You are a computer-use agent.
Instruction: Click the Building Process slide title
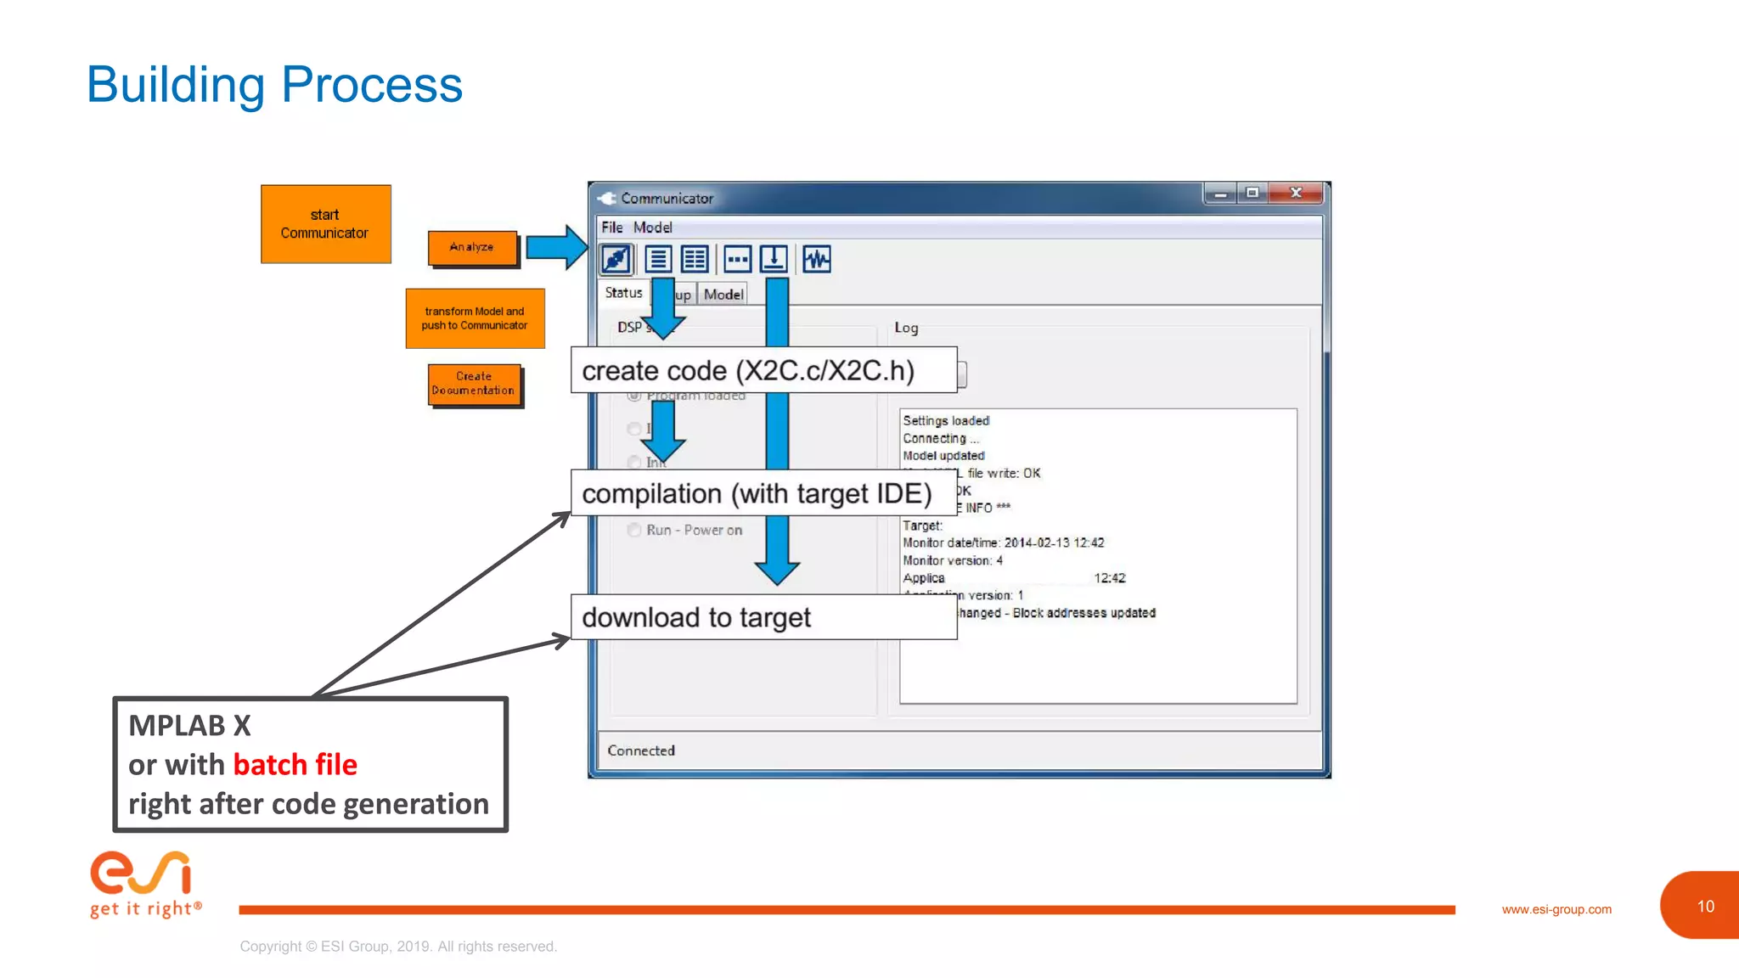click(274, 85)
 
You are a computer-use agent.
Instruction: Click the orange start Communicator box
click(325, 224)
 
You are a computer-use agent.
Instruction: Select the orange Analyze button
click(472, 247)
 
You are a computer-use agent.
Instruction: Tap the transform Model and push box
click(475, 318)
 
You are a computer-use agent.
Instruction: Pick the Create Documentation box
click(474, 384)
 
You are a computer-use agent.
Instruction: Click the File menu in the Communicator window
click(611, 228)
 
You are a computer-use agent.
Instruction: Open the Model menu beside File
click(652, 228)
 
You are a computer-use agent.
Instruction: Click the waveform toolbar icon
click(817, 259)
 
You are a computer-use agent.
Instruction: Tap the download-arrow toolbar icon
click(774, 259)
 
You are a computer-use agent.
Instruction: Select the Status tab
click(623, 293)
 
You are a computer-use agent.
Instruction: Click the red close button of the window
click(1296, 194)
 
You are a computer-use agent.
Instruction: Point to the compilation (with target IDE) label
click(756, 493)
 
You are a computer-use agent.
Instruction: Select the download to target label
click(696, 617)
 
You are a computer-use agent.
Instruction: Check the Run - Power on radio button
click(634, 530)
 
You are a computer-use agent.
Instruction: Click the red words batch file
click(295, 765)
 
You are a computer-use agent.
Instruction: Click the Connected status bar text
click(641, 750)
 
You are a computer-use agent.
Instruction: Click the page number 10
click(1705, 906)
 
